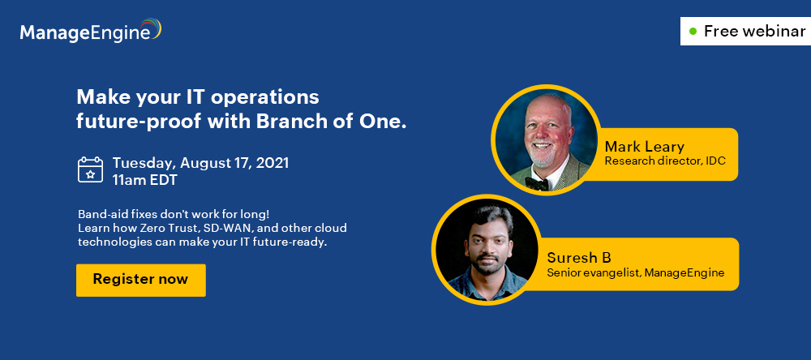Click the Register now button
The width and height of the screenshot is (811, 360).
click(140, 280)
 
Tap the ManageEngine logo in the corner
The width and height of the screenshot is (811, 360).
click(91, 31)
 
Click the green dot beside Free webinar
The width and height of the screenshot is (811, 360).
click(693, 32)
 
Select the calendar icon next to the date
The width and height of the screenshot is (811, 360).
click(91, 170)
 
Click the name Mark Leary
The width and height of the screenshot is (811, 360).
click(645, 147)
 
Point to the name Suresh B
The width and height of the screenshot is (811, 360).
click(579, 258)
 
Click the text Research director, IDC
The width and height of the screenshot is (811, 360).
click(665, 161)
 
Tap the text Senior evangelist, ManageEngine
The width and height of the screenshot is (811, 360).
click(636, 272)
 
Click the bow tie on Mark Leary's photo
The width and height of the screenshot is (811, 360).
click(536, 182)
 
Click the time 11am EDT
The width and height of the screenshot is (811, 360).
click(145, 180)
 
